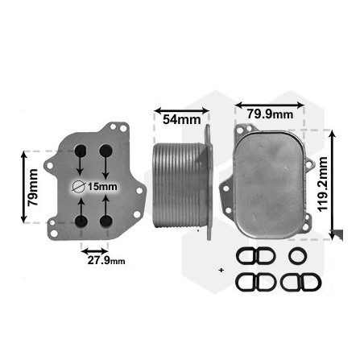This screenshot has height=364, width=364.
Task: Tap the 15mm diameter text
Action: click(x=102, y=187)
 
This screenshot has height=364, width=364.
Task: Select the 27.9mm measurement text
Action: click(x=105, y=260)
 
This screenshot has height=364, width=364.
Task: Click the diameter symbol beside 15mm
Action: click(x=78, y=187)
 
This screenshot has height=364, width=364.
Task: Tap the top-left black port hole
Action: click(x=81, y=150)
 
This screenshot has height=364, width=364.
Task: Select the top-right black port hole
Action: click(x=105, y=150)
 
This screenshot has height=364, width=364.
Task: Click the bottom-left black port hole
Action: click(x=81, y=222)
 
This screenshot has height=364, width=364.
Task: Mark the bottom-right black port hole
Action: click(x=105, y=222)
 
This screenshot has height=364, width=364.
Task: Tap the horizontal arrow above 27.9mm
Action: click(x=95, y=247)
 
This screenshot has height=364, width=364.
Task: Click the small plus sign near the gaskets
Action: click(x=221, y=269)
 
